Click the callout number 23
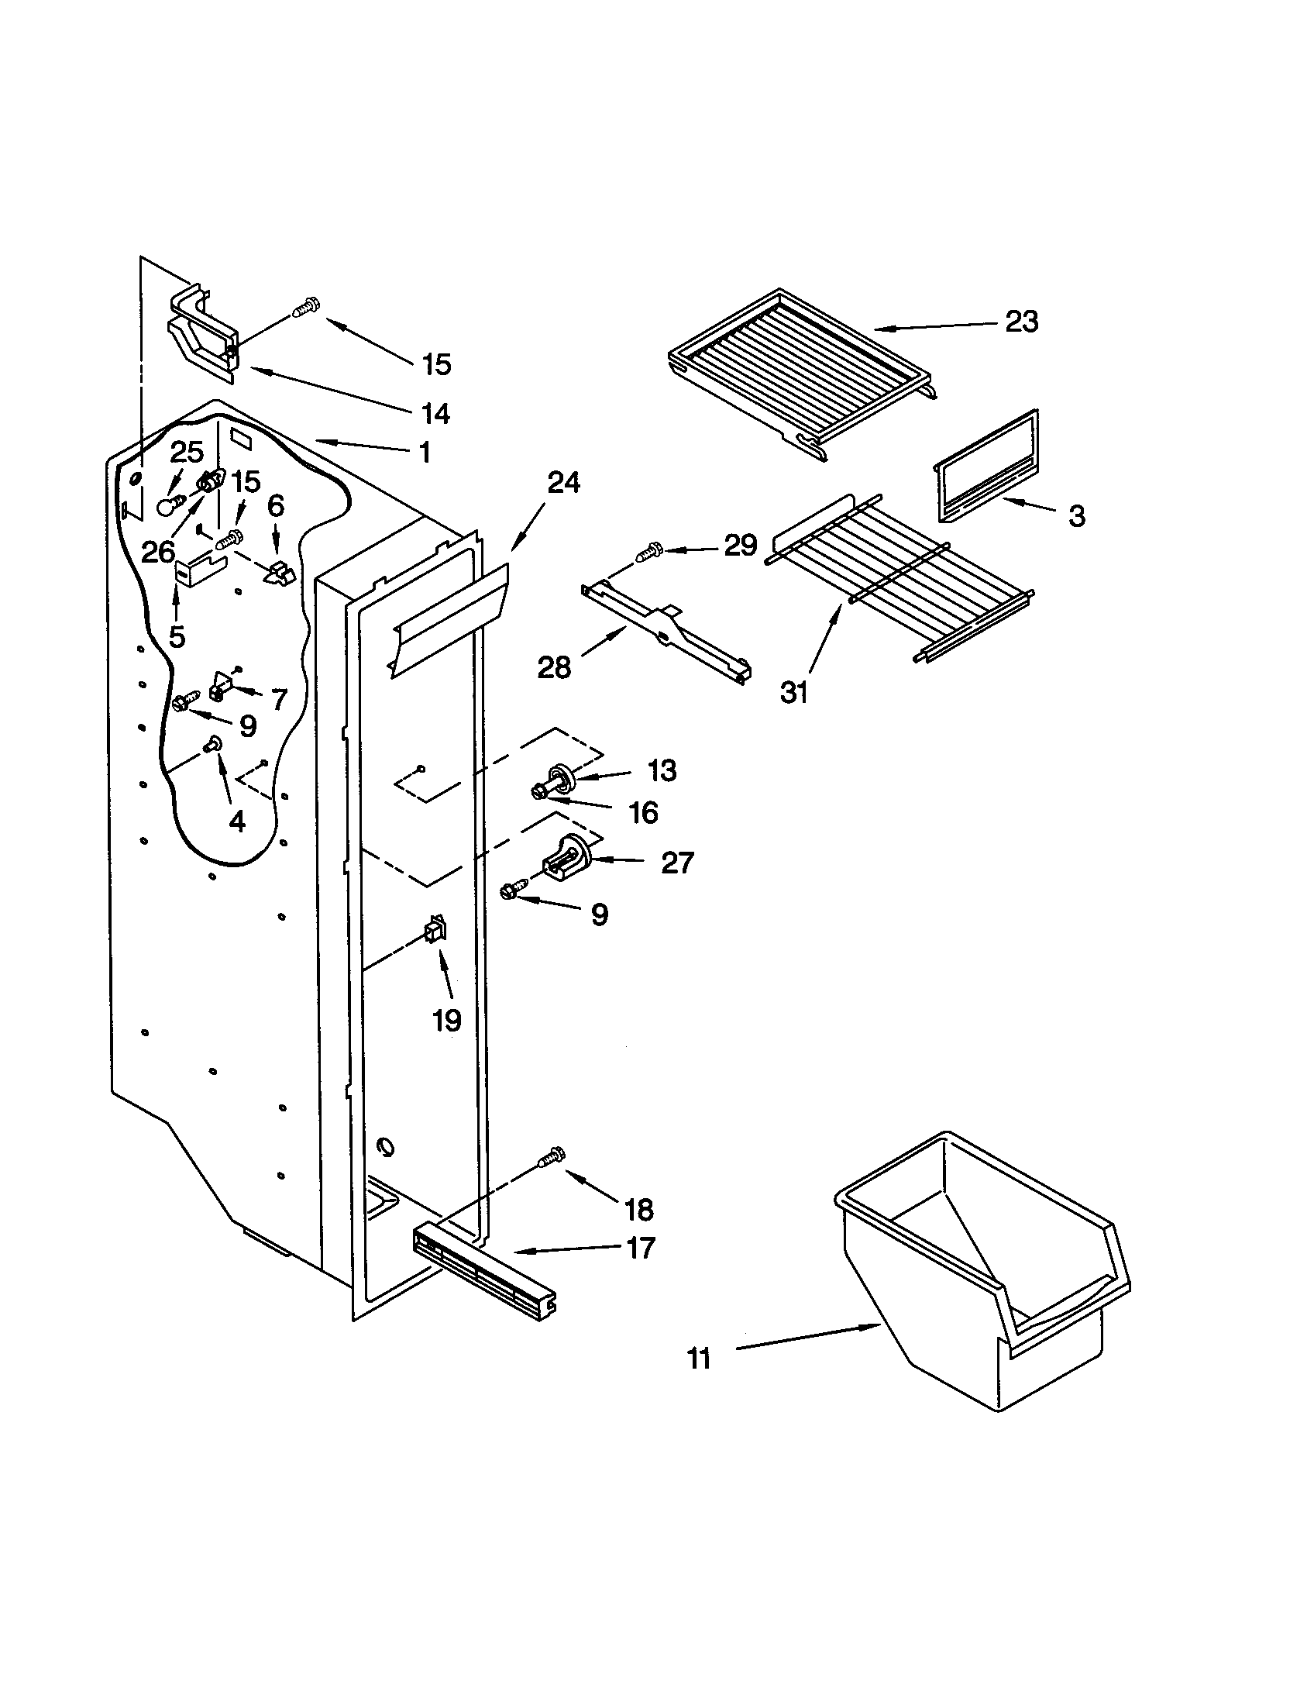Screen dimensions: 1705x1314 pos(1021,322)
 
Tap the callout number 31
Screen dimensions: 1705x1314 pos(793,692)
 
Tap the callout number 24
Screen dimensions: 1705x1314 pos(563,484)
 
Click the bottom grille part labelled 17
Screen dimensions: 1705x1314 pos(483,1274)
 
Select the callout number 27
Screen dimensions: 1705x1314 pos(676,863)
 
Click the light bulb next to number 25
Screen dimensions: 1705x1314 pos(168,507)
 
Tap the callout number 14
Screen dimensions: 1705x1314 pos(435,414)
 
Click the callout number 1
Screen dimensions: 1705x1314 pos(425,452)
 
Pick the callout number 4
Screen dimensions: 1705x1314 pos(236,821)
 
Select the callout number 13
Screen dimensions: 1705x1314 pos(662,770)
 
